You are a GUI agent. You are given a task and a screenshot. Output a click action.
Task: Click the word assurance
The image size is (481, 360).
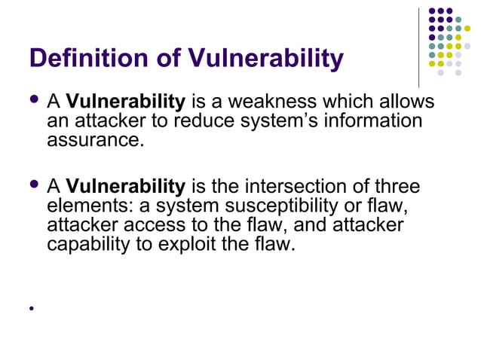(95, 139)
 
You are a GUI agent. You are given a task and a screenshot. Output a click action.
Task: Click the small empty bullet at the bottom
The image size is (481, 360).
(32, 308)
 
